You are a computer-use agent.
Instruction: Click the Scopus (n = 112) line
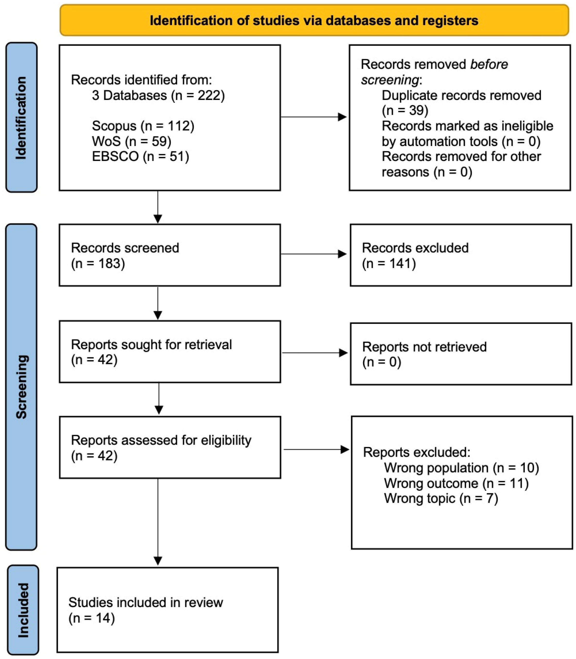143,126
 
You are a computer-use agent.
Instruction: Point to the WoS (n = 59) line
131,141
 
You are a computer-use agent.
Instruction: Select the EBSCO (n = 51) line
140,156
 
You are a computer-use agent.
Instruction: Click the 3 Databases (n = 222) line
158,96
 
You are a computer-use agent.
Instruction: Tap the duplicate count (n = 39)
405,110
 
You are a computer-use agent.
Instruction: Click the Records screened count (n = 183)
98,263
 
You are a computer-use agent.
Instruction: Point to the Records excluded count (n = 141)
389,263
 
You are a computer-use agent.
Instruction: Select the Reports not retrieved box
461,354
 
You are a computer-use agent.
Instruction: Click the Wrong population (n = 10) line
461,468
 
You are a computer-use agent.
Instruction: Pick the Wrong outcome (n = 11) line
456,483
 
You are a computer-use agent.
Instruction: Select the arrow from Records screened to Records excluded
314,254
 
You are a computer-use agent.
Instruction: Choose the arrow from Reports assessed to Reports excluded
316,449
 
